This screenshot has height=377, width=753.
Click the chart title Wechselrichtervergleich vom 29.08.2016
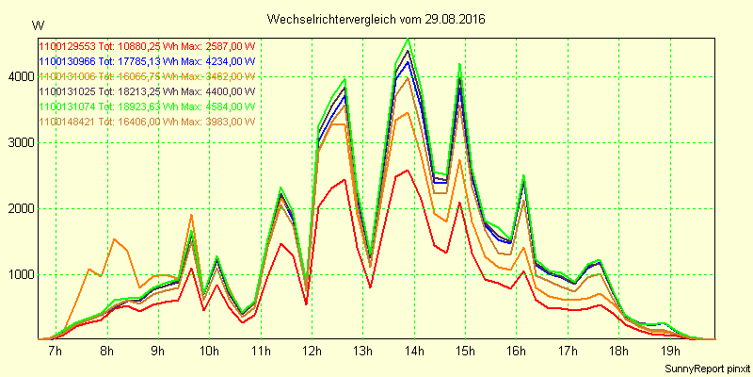(376, 19)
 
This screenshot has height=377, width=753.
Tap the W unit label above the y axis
(37, 25)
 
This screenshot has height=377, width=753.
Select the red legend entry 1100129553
(148, 46)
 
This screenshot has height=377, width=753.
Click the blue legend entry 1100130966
(148, 61)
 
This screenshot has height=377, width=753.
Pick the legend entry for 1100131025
(148, 91)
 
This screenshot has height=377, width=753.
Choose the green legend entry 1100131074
(148, 107)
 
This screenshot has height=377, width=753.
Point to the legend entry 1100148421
(148, 122)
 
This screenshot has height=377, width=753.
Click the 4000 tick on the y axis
(20, 76)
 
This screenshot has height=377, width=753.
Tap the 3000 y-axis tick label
(20, 142)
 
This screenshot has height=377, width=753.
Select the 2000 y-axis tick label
(20, 208)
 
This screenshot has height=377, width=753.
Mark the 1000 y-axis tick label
(20, 274)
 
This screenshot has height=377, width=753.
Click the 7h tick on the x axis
(56, 352)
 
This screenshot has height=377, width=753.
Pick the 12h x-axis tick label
(312, 352)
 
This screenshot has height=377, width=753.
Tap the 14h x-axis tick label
(414, 352)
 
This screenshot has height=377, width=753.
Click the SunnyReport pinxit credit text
(703, 368)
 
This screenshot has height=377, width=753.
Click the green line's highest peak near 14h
(408, 39)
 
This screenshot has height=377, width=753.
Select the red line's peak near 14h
(408, 171)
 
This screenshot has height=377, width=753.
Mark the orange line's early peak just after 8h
(114, 238)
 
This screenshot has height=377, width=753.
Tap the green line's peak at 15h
(459, 64)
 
